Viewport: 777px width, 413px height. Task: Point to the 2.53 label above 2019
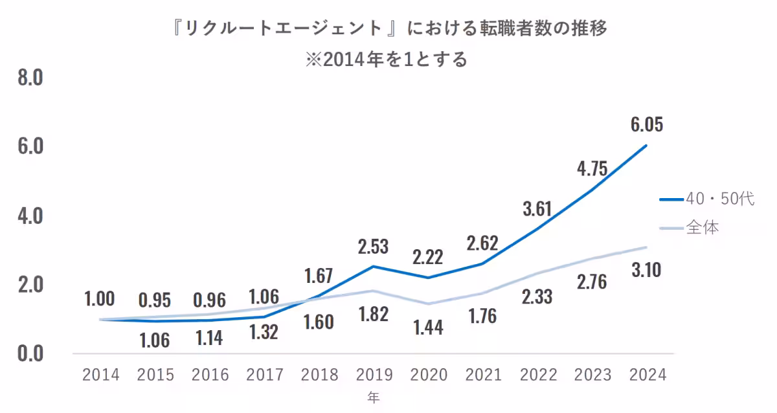[x=373, y=247]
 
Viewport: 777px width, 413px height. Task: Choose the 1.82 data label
[x=373, y=315]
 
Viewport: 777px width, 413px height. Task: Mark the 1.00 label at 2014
[x=100, y=298]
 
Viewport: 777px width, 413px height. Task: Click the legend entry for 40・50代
[x=707, y=200]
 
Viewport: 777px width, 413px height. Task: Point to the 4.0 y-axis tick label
[x=30, y=216]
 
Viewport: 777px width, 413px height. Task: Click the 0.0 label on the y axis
[x=30, y=353]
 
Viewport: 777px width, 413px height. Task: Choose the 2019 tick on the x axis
[x=374, y=375]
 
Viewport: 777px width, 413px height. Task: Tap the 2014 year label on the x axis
[x=100, y=375]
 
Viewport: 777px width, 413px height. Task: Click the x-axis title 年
[x=374, y=397]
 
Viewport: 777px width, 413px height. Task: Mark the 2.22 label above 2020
[x=428, y=257]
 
